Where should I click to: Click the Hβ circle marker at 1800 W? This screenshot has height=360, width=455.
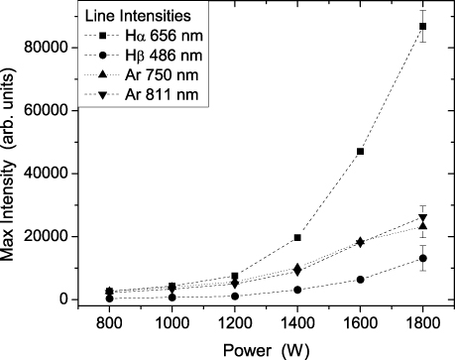pyautogui.click(x=423, y=259)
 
